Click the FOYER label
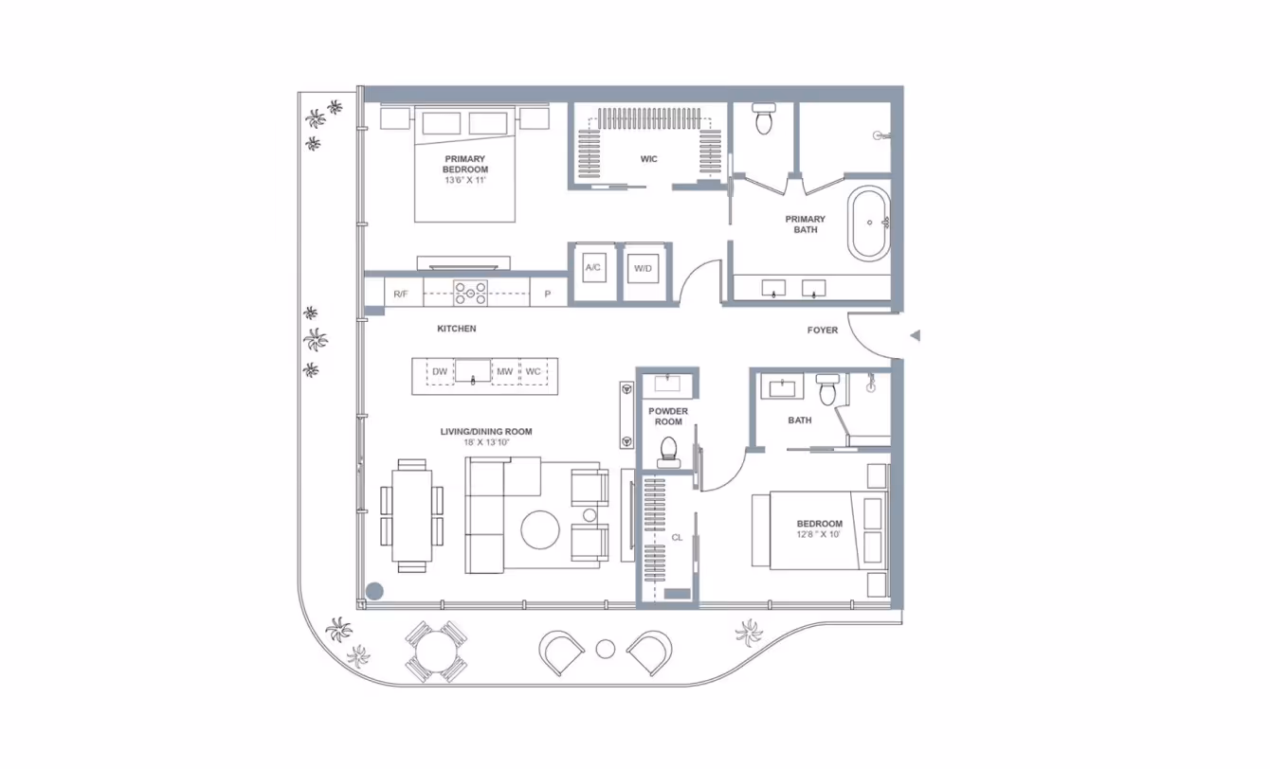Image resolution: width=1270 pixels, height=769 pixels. [822, 330]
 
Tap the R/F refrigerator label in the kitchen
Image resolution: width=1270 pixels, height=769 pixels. [400, 295]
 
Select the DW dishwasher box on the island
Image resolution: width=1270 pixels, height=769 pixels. [440, 372]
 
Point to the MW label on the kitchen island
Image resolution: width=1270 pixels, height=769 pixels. [504, 372]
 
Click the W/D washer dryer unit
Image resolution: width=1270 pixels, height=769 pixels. [643, 268]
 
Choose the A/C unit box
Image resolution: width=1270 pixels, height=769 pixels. [593, 267]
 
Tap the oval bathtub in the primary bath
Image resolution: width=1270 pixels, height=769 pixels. [868, 224]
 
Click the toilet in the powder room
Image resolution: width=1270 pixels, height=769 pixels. [668, 453]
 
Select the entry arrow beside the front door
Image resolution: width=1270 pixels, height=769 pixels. [915, 335]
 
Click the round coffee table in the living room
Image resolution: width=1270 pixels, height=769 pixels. [540, 529]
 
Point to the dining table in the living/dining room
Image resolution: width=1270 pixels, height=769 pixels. [411, 516]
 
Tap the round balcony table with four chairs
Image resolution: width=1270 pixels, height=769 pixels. [435, 652]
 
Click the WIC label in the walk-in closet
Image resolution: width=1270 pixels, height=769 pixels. [648, 159]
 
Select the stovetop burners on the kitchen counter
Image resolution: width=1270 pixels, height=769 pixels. [470, 293]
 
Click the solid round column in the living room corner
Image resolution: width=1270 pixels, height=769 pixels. [374, 591]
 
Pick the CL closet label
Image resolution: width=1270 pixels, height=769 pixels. [677, 537]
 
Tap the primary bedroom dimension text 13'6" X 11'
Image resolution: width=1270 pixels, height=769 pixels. [465, 180]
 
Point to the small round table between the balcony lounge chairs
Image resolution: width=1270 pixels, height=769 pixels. [606, 649]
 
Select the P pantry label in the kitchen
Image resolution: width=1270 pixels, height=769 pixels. [548, 295]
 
